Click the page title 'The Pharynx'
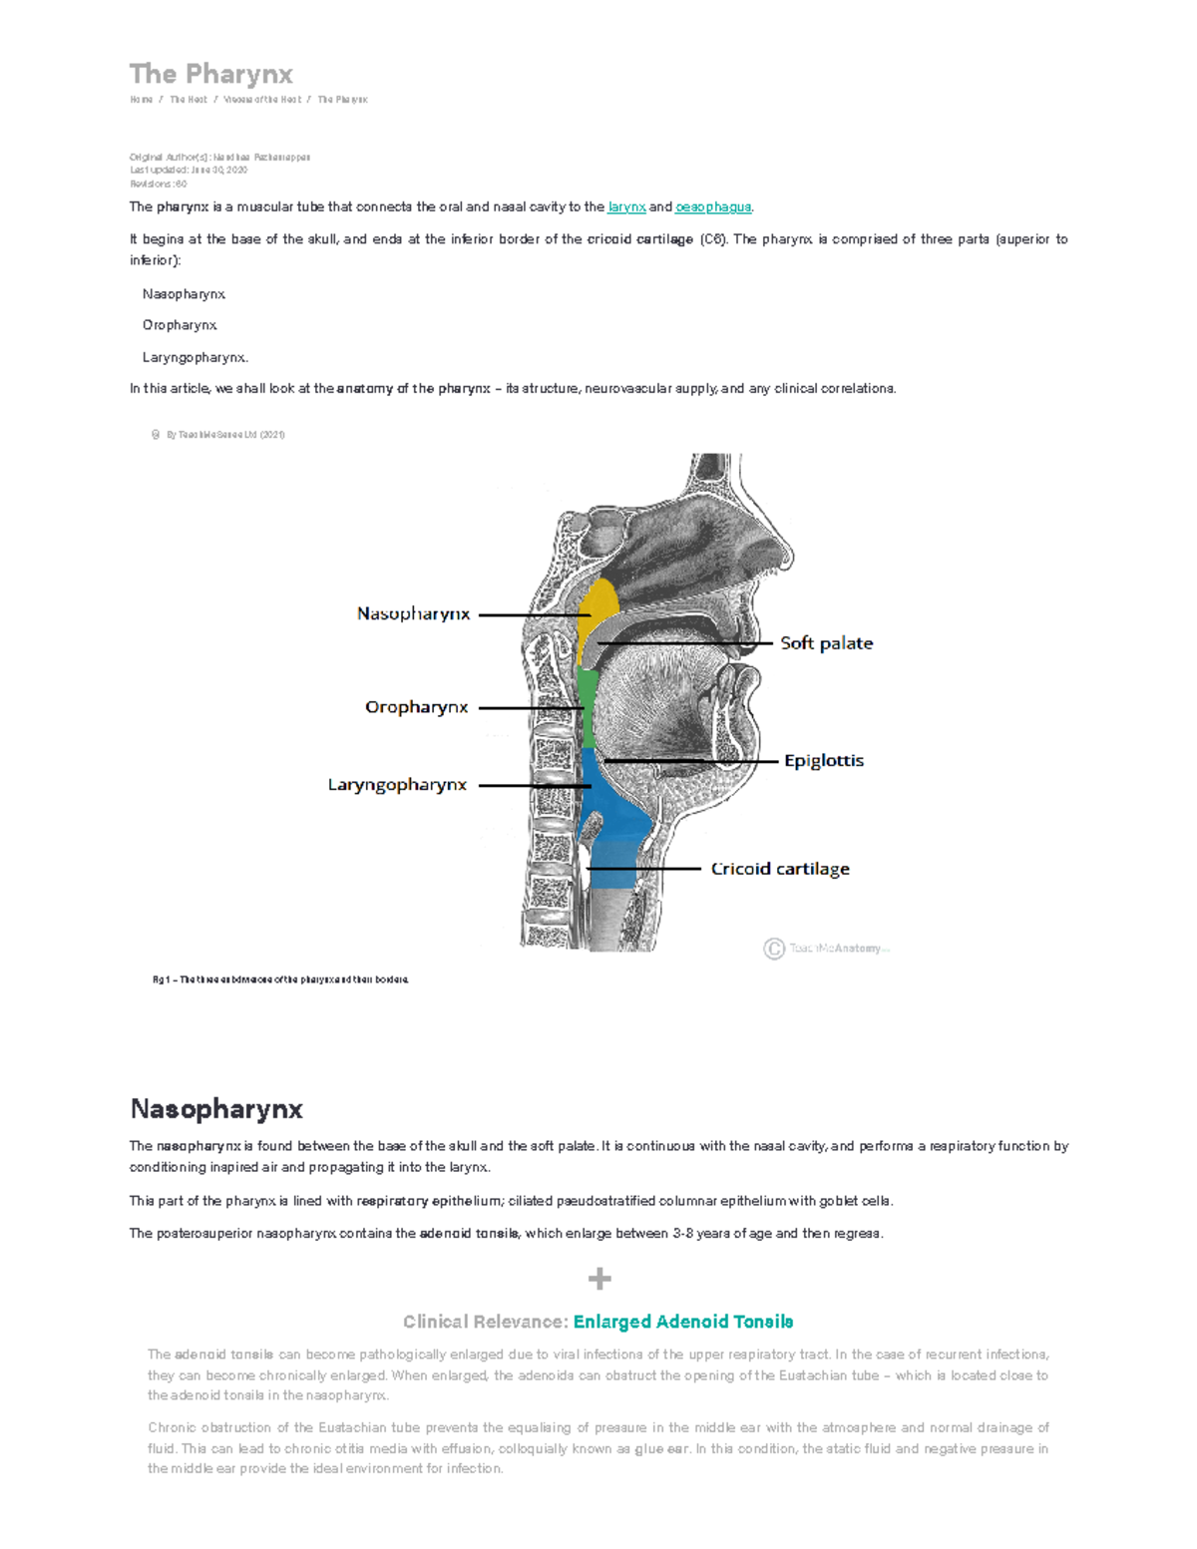click(x=210, y=75)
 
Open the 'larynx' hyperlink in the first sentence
click(x=626, y=207)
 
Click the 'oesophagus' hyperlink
click(x=712, y=207)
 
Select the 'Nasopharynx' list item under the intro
click(x=184, y=294)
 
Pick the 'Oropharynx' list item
click(x=180, y=325)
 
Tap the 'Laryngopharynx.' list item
click(x=195, y=357)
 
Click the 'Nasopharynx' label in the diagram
click(x=413, y=613)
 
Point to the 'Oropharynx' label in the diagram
click(x=416, y=707)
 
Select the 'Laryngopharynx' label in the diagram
click(x=397, y=785)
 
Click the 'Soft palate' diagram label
click(x=826, y=643)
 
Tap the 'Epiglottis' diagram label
click(x=823, y=760)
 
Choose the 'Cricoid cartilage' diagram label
click(x=780, y=869)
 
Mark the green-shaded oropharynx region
click(x=588, y=708)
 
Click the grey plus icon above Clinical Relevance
click(x=598, y=1279)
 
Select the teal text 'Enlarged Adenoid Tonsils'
click(x=683, y=1322)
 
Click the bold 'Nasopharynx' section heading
click(x=216, y=1109)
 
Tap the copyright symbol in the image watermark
click(x=774, y=949)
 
